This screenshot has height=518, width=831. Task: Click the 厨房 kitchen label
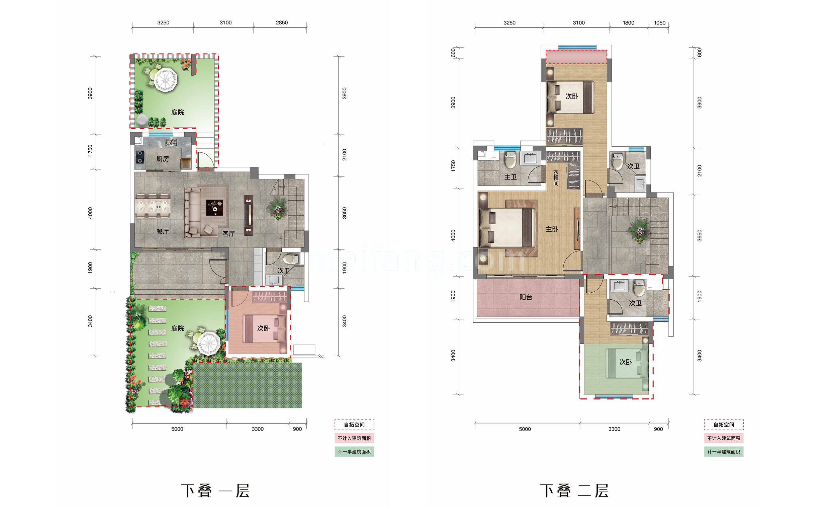(x=163, y=159)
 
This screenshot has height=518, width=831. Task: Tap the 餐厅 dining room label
(x=163, y=232)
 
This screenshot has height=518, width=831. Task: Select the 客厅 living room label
(x=228, y=234)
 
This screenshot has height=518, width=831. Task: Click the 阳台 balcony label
(x=526, y=297)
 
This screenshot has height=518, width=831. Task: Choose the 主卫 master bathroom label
(x=510, y=177)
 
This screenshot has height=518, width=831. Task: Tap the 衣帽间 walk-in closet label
(x=556, y=178)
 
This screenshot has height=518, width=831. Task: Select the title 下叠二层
(x=574, y=491)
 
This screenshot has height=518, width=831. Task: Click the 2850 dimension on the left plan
(x=282, y=23)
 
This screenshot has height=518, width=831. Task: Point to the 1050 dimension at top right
(x=660, y=23)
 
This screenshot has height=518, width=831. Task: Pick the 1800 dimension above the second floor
(x=628, y=23)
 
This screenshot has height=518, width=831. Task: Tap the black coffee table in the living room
(x=214, y=208)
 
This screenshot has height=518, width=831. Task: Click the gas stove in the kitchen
(x=140, y=157)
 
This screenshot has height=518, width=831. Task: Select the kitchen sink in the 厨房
(x=171, y=142)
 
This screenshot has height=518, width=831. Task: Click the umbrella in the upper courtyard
(x=165, y=80)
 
